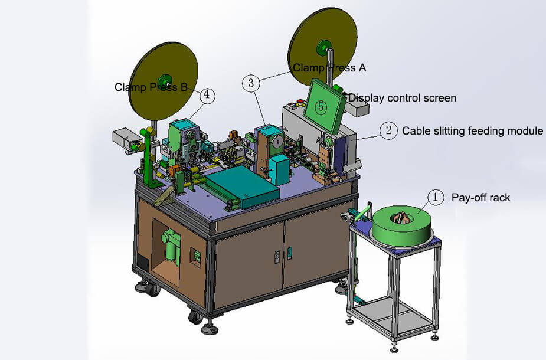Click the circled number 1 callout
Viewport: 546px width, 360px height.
coord(435,197)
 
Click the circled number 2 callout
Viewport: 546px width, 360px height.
coord(388,130)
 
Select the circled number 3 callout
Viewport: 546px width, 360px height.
coord(251,83)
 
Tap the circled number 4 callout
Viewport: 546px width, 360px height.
coord(207,94)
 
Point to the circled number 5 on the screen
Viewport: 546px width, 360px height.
coord(321,107)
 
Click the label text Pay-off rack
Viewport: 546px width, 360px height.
coord(480,198)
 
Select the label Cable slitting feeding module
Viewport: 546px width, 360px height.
coord(472,131)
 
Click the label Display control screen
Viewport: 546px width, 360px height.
coord(402,98)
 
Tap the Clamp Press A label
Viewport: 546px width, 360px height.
coord(329,68)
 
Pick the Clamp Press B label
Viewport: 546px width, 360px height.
coord(151,87)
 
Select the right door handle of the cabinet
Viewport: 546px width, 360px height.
coord(289,253)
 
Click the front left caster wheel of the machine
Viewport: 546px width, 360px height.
coord(195,316)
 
